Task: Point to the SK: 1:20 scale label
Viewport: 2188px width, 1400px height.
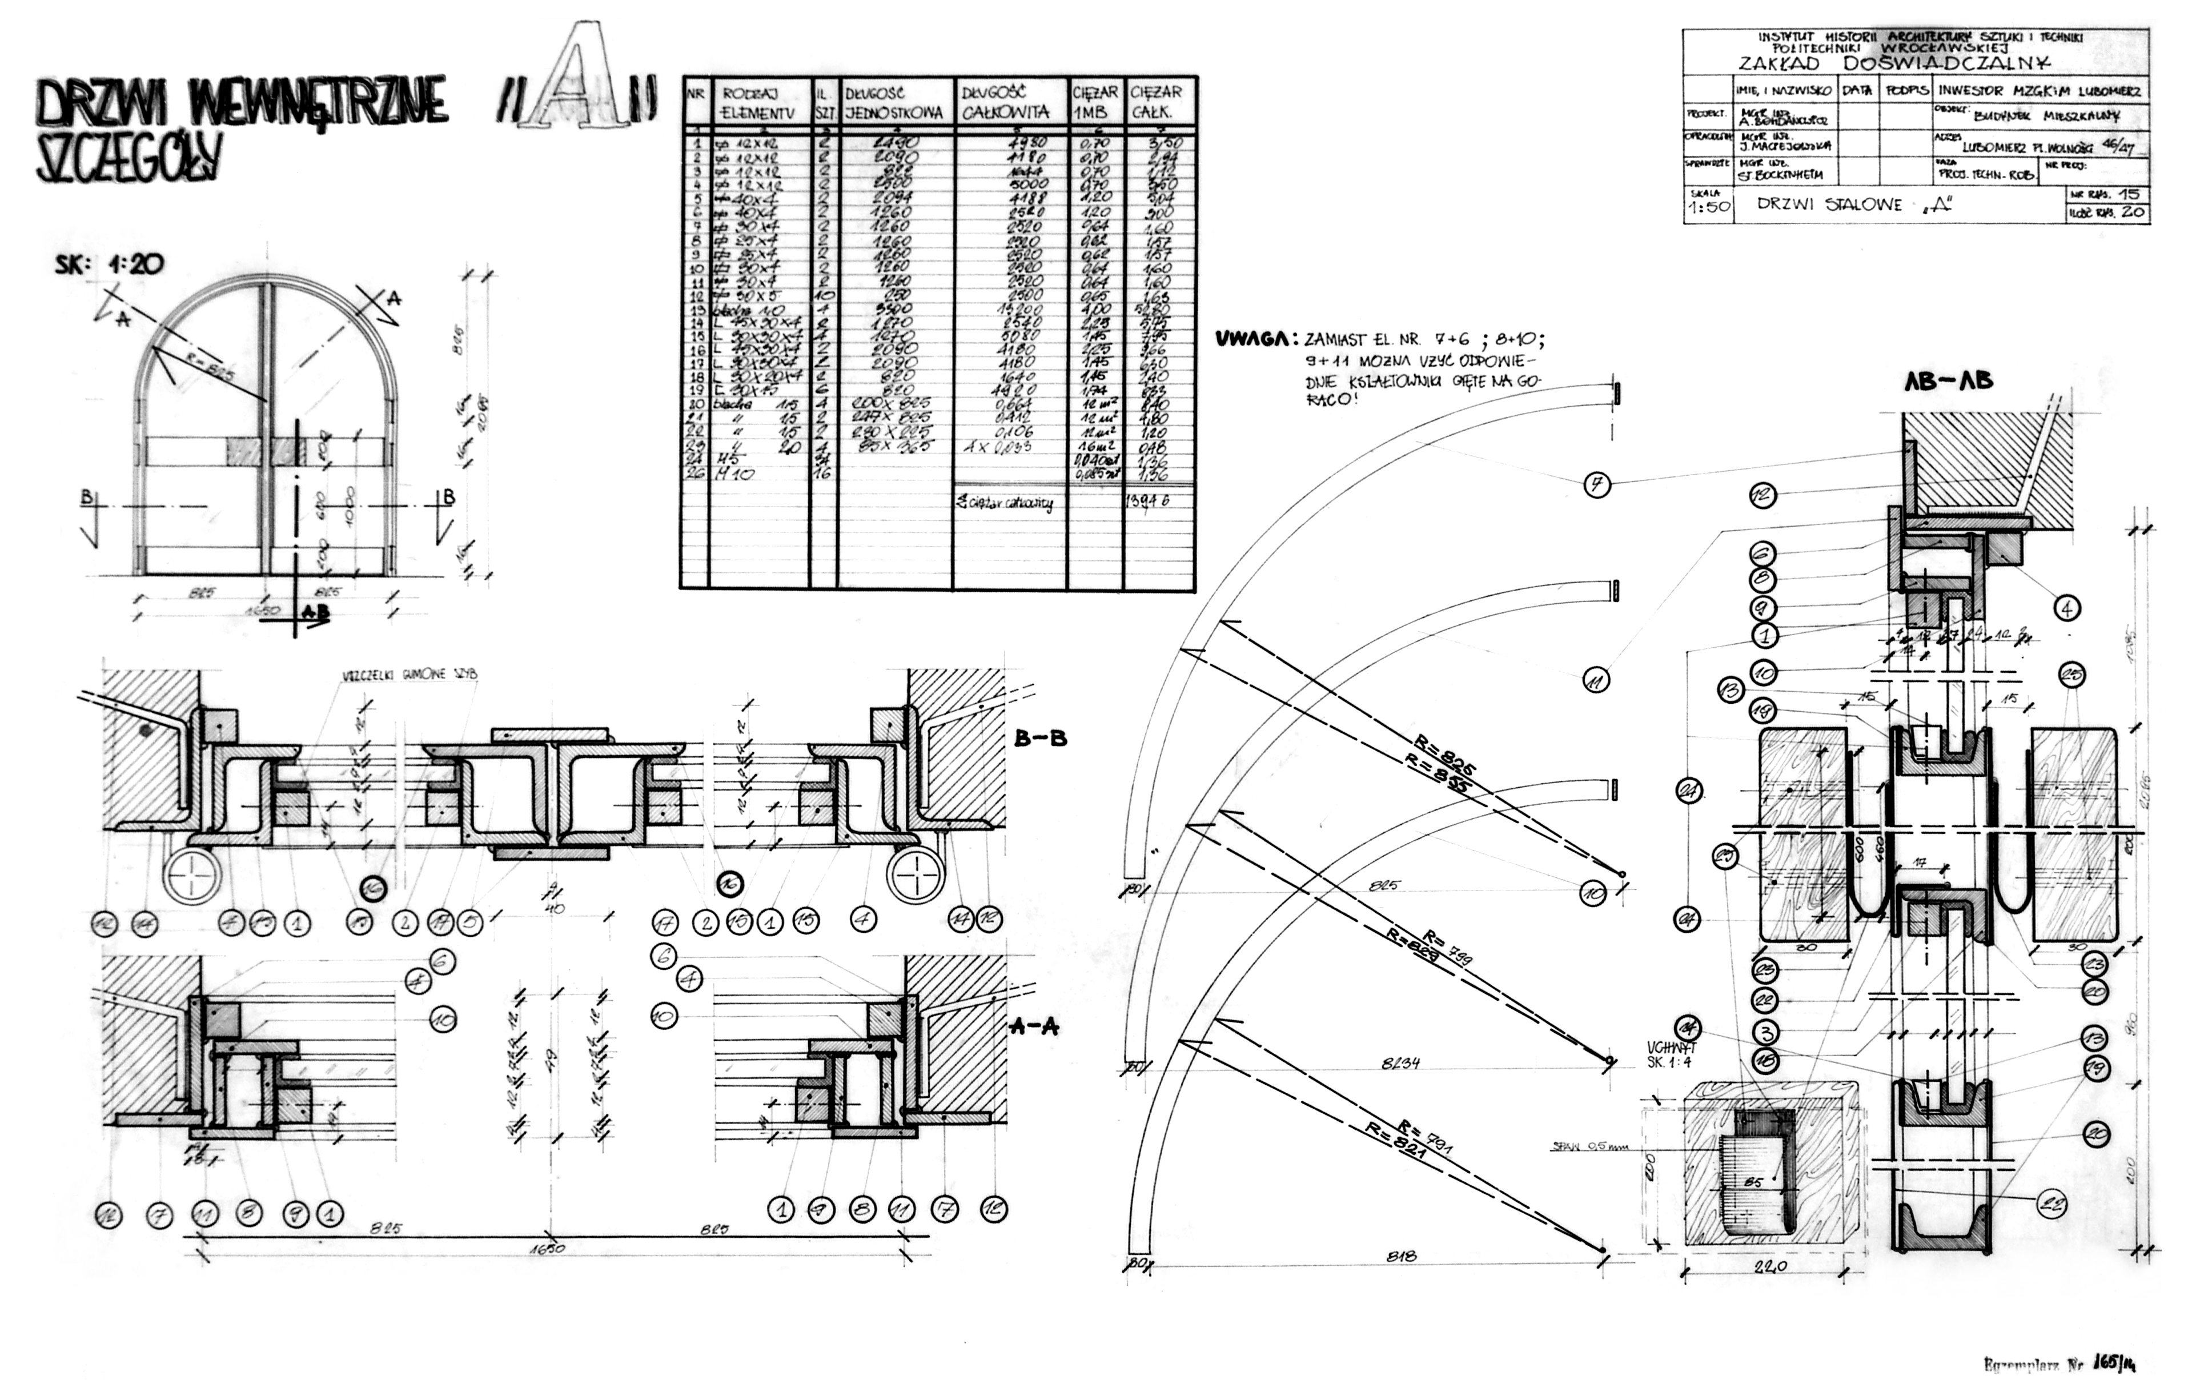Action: (109, 264)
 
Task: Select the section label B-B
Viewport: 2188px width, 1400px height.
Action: (1040, 738)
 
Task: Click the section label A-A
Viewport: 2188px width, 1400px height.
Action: (1034, 1026)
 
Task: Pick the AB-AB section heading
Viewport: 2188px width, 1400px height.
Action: (1948, 381)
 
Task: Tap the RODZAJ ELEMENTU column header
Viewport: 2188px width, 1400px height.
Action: (758, 103)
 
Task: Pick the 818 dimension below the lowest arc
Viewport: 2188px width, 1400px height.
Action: (1401, 1257)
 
